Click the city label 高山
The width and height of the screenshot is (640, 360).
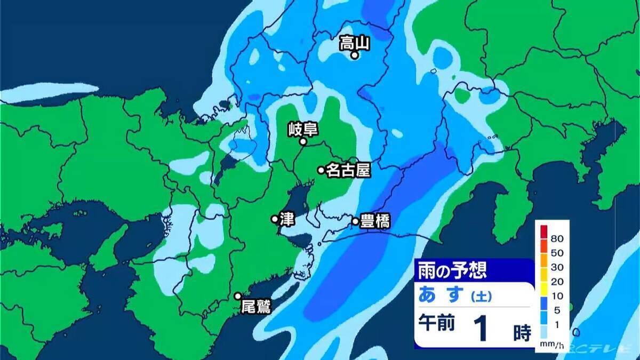pyautogui.click(x=354, y=43)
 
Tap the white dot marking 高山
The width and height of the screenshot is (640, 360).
pyautogui.click(x=353, y=54)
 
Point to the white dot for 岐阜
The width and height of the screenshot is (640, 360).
pyautogui.click(x=303, y=142)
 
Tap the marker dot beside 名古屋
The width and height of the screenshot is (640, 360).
pyautogui.click(x=321, y=170)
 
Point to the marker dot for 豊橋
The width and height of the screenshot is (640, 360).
pyautogui.click(x=355, y=221)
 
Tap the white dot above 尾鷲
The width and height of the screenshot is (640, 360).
pyautogui.click(x=238, y=296)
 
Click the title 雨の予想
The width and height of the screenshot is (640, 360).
pyautogui.click(x=451, y=270)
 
